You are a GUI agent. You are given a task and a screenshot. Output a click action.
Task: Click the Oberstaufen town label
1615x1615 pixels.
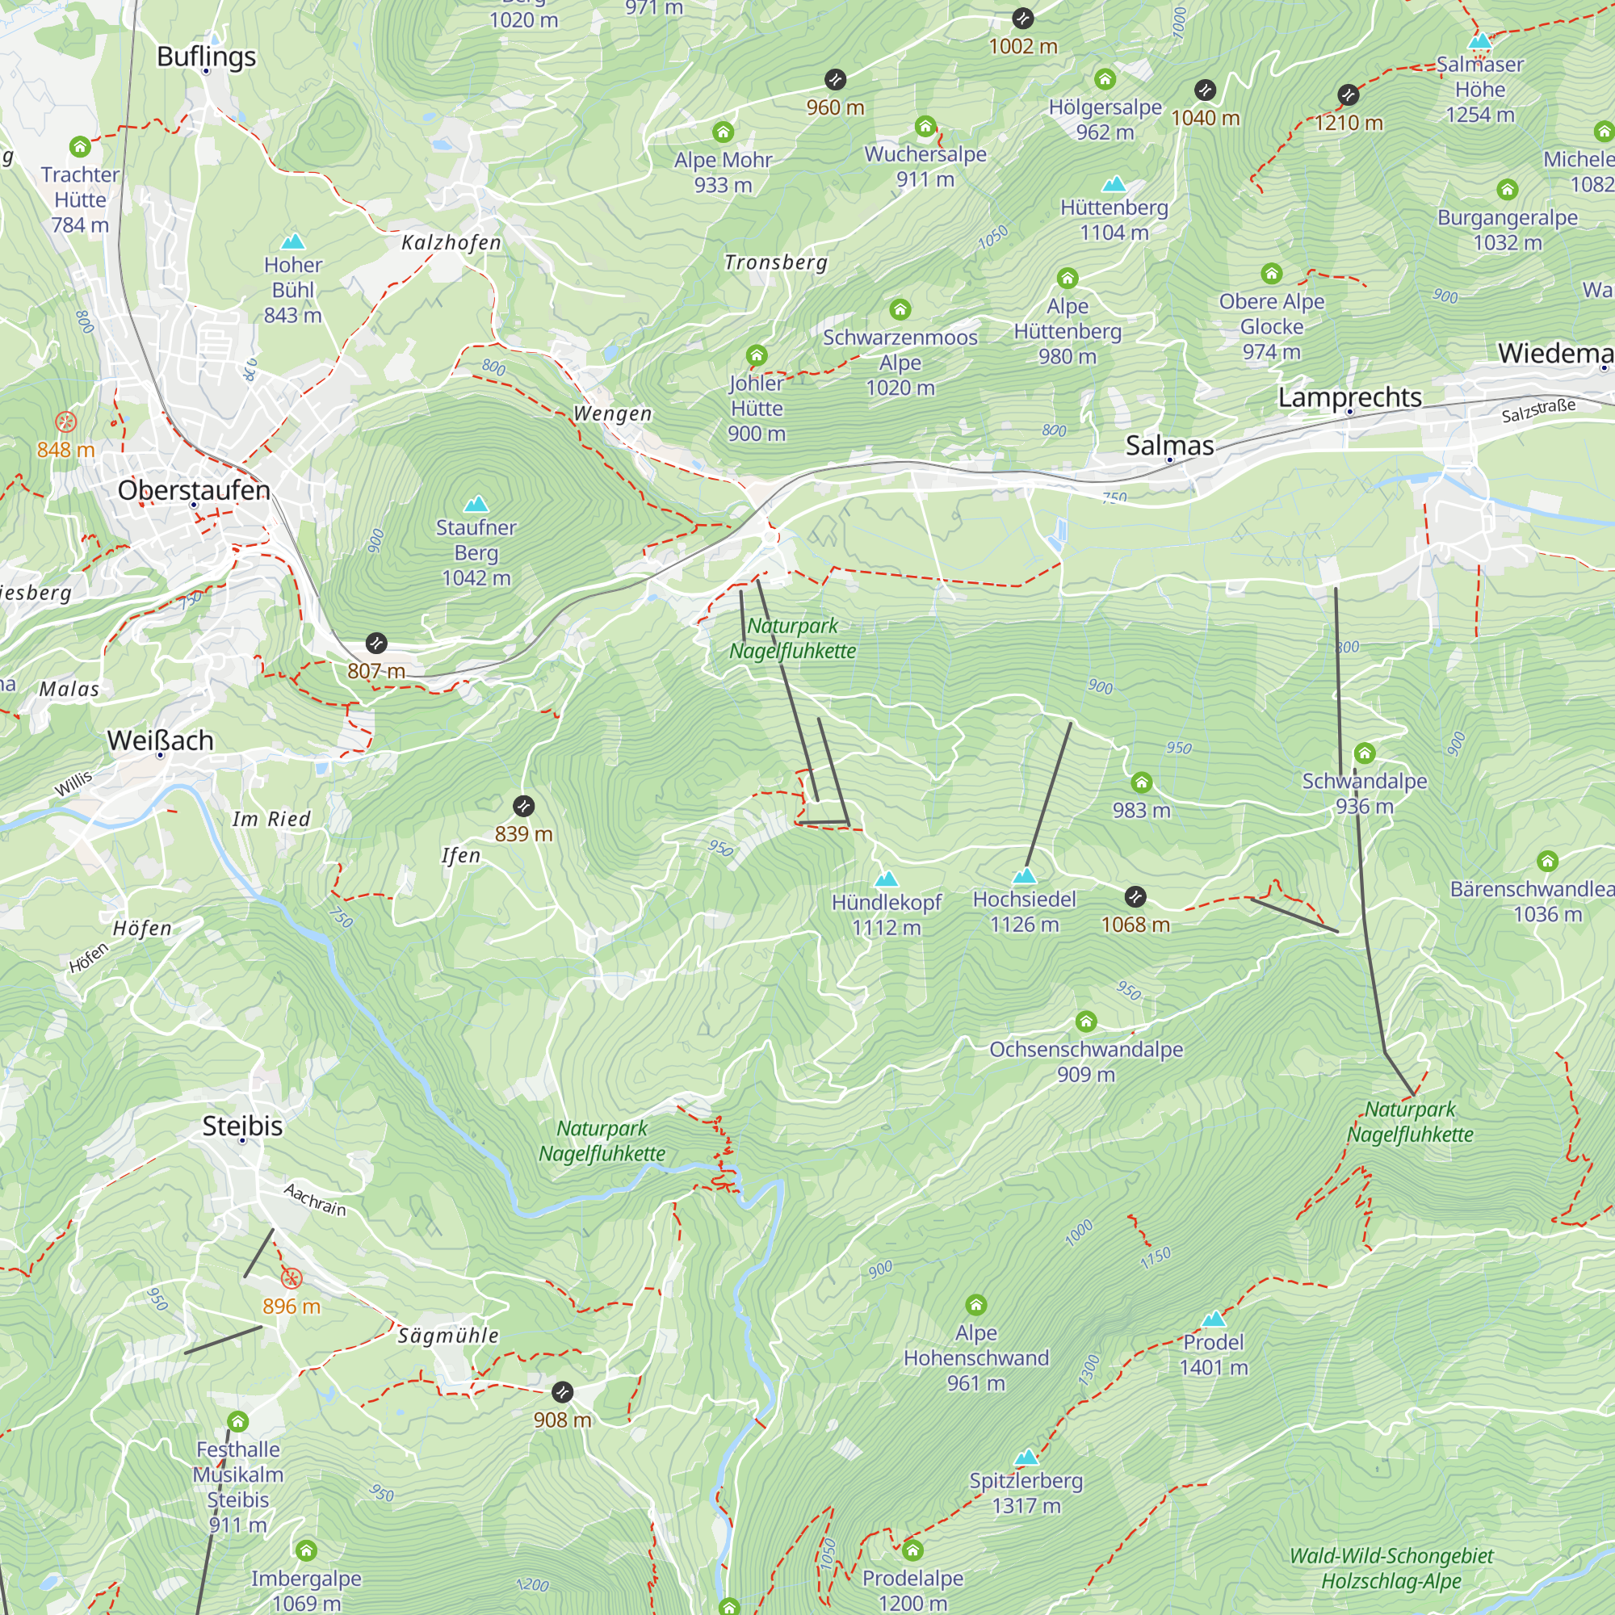(193, 490)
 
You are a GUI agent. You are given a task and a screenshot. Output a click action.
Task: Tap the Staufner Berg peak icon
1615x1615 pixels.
(476, 503)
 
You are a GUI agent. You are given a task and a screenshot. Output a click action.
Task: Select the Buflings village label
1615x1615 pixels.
(207, 56)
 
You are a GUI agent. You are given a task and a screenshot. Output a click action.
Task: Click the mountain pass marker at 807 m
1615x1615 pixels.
(376, 643)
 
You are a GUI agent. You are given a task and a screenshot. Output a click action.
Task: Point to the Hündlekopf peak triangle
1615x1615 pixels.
(886, 879)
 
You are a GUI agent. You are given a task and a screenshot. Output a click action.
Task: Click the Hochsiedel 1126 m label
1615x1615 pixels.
(1024, 911)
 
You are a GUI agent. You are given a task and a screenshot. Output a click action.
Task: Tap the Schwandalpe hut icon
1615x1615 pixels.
(1364, 753)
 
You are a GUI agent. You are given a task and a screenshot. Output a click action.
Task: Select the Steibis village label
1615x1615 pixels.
(242, 1126)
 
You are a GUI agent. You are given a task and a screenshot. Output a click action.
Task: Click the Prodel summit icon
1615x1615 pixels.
(1213, 1319)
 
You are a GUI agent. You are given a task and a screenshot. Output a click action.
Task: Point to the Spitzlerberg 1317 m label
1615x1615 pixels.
(1026, 1493)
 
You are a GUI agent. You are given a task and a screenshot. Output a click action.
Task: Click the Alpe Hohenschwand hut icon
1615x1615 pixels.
(975, 1304)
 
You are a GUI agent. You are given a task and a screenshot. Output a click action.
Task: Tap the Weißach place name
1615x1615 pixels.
(161, 740)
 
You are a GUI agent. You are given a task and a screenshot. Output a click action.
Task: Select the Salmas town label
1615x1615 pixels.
(1169, 446)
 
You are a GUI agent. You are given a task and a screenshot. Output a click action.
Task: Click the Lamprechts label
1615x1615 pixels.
(1349, 397)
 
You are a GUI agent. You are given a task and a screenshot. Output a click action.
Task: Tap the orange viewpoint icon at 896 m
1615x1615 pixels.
(291, 1278)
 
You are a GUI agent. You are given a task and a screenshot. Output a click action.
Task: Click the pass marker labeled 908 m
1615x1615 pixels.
(563, 1392)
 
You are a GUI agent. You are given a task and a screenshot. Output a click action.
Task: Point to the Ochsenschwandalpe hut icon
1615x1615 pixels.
(1086, 1021)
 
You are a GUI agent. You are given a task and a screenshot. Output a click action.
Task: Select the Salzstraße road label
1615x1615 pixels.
(1538, 410)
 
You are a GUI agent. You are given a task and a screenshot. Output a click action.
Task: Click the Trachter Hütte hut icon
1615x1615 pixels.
(80, 147)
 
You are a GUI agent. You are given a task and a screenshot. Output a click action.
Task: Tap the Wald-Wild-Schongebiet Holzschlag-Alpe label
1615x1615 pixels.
(1391, 1568)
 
